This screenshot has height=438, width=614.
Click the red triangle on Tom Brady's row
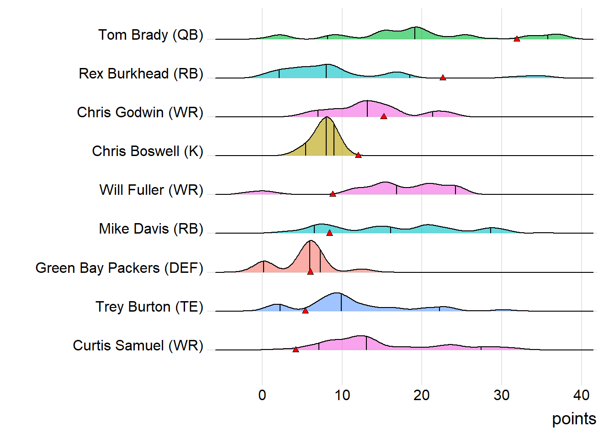pyautogui.click(x=517, y=39)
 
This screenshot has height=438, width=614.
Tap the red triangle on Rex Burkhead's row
pyautogui.click(x=443, y=78)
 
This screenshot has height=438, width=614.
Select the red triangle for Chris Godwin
pyautogui.click(x=384, y=116)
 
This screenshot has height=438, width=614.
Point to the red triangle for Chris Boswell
pyautogui.click(x=359, y=155)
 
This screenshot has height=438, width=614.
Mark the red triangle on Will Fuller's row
pyautogui.click(x=333, y=194)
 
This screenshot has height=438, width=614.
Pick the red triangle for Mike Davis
pyautogui.click(x=329, y=233)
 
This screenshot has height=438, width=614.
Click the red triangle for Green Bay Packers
pyautogui.click(x=310, y=271)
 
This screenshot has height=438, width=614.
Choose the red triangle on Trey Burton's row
pyautogui.click(x=305, y=310)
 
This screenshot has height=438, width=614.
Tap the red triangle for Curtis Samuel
pyautogui.click(x=296, y=349)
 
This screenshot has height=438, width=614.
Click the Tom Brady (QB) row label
pyautogui.click(x=151, y=35)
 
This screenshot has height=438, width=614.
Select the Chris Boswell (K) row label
pyautogui.click(x=148, y=151)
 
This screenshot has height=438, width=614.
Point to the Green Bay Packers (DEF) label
pyautogui.click(x=119, y=268)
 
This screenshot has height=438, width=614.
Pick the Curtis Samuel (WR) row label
pyautogui.click(x=138, y=345)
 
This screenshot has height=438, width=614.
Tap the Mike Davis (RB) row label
pyautogui.click(x=151, y=229)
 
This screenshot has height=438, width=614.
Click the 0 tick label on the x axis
pyautogui.click(x=262, y=395)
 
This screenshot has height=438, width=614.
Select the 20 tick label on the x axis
pyautogui.click(x=422, y=395)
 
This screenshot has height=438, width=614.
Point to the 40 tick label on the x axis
pyautogui.click(x=582, y=395)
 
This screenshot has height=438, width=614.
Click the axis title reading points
pyautogui.click(x=574, y=419)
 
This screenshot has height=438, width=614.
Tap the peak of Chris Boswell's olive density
pyautogui.click(x=327, y=118)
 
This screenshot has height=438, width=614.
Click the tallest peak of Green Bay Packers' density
pyautogui.click(x=311, y=241)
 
